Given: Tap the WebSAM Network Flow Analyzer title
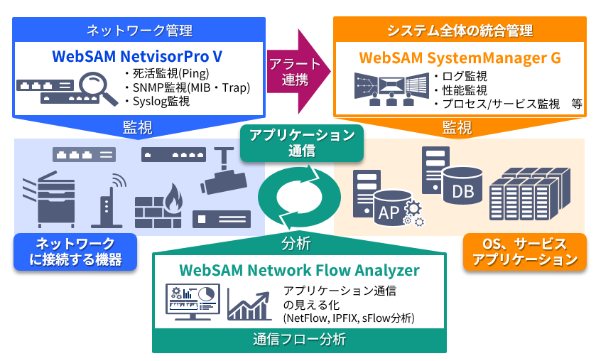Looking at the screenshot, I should click(x=299, y=270).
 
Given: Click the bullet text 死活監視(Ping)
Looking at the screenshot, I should click(x=168, y=74).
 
